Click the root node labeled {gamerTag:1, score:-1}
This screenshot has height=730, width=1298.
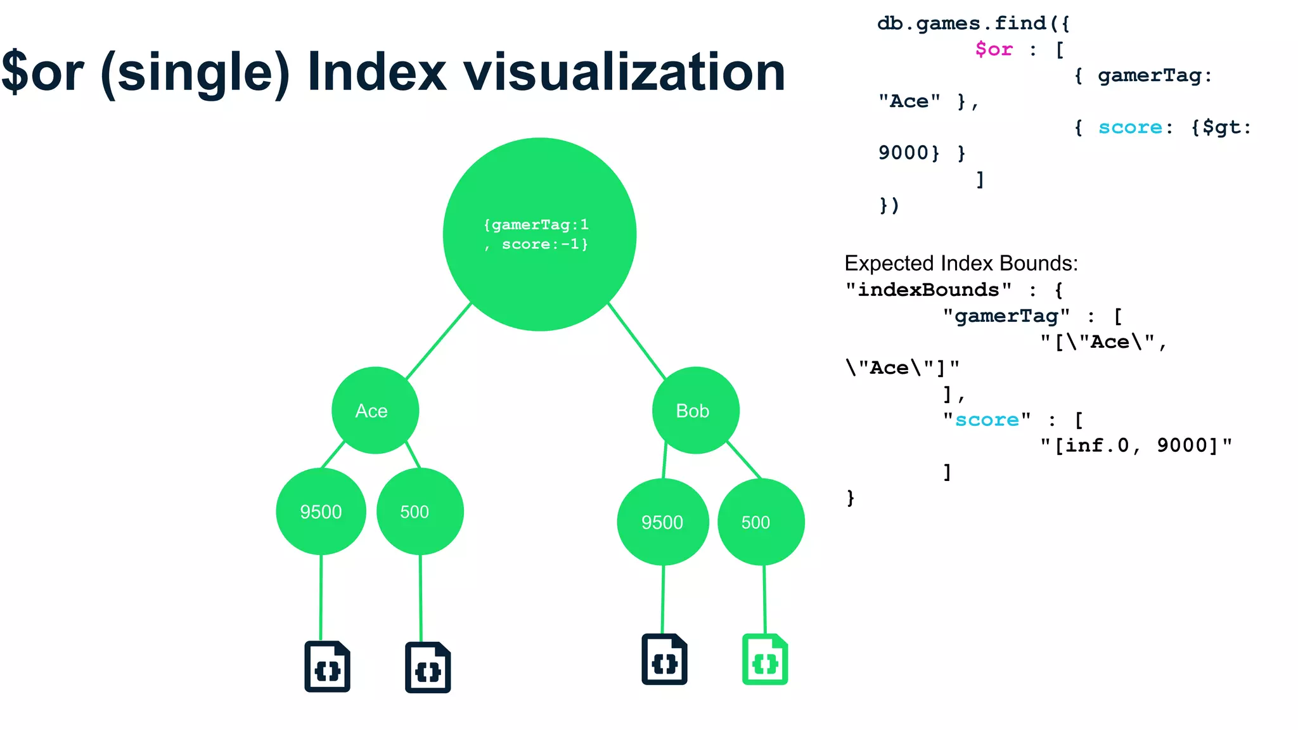pyautogui.click(x=539, y=234)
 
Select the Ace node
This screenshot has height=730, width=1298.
pyautogui.click(x=375, y=411)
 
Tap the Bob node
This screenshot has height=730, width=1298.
pyautogui.click(x=695, y=411)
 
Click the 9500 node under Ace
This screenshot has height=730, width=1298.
pyautogui.click(x=321, y=511)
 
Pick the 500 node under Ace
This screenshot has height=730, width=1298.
pyautogui.click(x=420, y=511)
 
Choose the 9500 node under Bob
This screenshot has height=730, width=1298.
pyautogui.click(x=662, y=522)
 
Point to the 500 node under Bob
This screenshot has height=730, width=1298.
pyautogui.click(x=761, y=522)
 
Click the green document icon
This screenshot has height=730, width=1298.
pyautogui.click(x=765, y=660)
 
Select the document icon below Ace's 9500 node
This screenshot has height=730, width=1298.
pyautogui.click(x=327, y=667)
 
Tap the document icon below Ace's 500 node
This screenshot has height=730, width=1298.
pyautogui.click(x=428, y=668)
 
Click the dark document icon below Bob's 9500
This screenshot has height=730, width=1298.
pyautogui.click(x=664, y=660)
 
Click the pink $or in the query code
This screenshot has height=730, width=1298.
pyautogui.click(x=994, y=49)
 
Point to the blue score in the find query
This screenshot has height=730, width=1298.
pyautogui.click(x=1130, y=127)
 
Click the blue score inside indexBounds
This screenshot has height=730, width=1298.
pyautogui.click(x=987, y=420)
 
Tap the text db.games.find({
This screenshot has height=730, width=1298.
pyautogui.click(x=973, y=23)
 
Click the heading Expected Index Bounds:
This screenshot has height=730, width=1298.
pyautogui.click(x=961, y=263)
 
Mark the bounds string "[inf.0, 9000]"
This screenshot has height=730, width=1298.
pyautogui.click(x=1136, y=445)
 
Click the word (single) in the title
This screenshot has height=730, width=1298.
pyautogui.click(x=195, y=73)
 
